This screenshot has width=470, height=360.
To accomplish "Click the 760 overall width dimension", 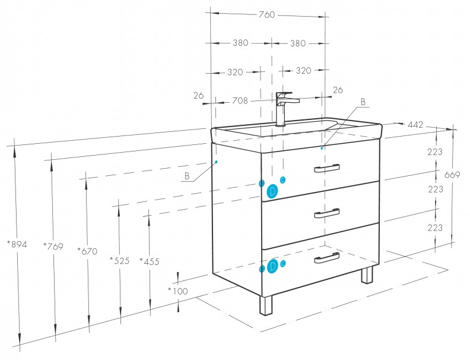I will point(267,15).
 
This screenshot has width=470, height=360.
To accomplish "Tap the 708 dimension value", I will point(239,100).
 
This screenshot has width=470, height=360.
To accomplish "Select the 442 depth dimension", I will point(415,125).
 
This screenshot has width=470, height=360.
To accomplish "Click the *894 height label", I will point(16,244).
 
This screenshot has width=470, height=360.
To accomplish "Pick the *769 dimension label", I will point(53,245).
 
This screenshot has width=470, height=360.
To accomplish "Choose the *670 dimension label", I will point(87,251).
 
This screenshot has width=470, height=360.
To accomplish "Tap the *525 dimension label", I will point(119,260).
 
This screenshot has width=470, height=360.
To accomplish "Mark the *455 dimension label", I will point(149,261).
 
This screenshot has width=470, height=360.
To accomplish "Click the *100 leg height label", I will point(177,290).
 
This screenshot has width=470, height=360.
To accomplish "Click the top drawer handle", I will point(327,168).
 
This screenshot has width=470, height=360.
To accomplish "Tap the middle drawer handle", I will point(327,213).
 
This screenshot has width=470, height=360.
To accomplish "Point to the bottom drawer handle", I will point(327,257).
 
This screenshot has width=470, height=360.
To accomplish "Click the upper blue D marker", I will point(272,191).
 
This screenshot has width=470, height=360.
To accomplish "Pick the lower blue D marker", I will point(272,267).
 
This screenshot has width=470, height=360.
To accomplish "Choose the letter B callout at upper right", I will point(363,102).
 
